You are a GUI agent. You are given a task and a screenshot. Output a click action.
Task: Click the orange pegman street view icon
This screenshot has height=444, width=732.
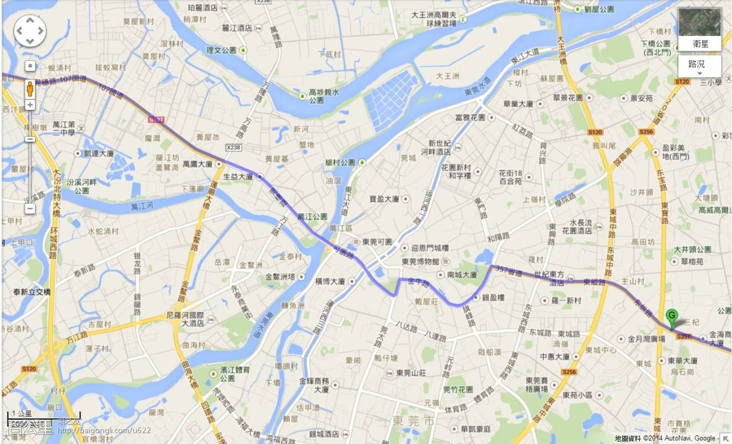(30, 89)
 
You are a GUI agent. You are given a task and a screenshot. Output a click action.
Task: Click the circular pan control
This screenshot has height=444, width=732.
(30, 31)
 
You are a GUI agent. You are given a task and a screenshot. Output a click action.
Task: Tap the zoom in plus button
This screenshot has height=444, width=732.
(30, 105)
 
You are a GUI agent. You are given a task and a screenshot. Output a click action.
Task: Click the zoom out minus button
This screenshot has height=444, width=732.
(30, 209)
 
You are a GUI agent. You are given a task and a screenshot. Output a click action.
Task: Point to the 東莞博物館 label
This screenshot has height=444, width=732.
(420, 262)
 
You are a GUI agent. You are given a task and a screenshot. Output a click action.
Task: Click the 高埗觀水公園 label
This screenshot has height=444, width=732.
(324, 95)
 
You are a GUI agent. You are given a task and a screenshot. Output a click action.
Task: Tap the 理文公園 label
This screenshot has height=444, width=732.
(221, 50)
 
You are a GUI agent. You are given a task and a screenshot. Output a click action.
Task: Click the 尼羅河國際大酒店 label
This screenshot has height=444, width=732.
(185, 318)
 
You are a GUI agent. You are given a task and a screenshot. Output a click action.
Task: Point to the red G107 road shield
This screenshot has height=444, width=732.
(156, 120)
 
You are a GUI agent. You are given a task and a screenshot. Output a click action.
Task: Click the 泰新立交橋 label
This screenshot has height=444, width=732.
(33, 292)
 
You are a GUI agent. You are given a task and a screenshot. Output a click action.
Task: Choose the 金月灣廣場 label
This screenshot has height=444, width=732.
(646, 339)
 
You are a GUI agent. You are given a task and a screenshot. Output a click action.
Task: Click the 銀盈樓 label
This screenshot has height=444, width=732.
(493, 298)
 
